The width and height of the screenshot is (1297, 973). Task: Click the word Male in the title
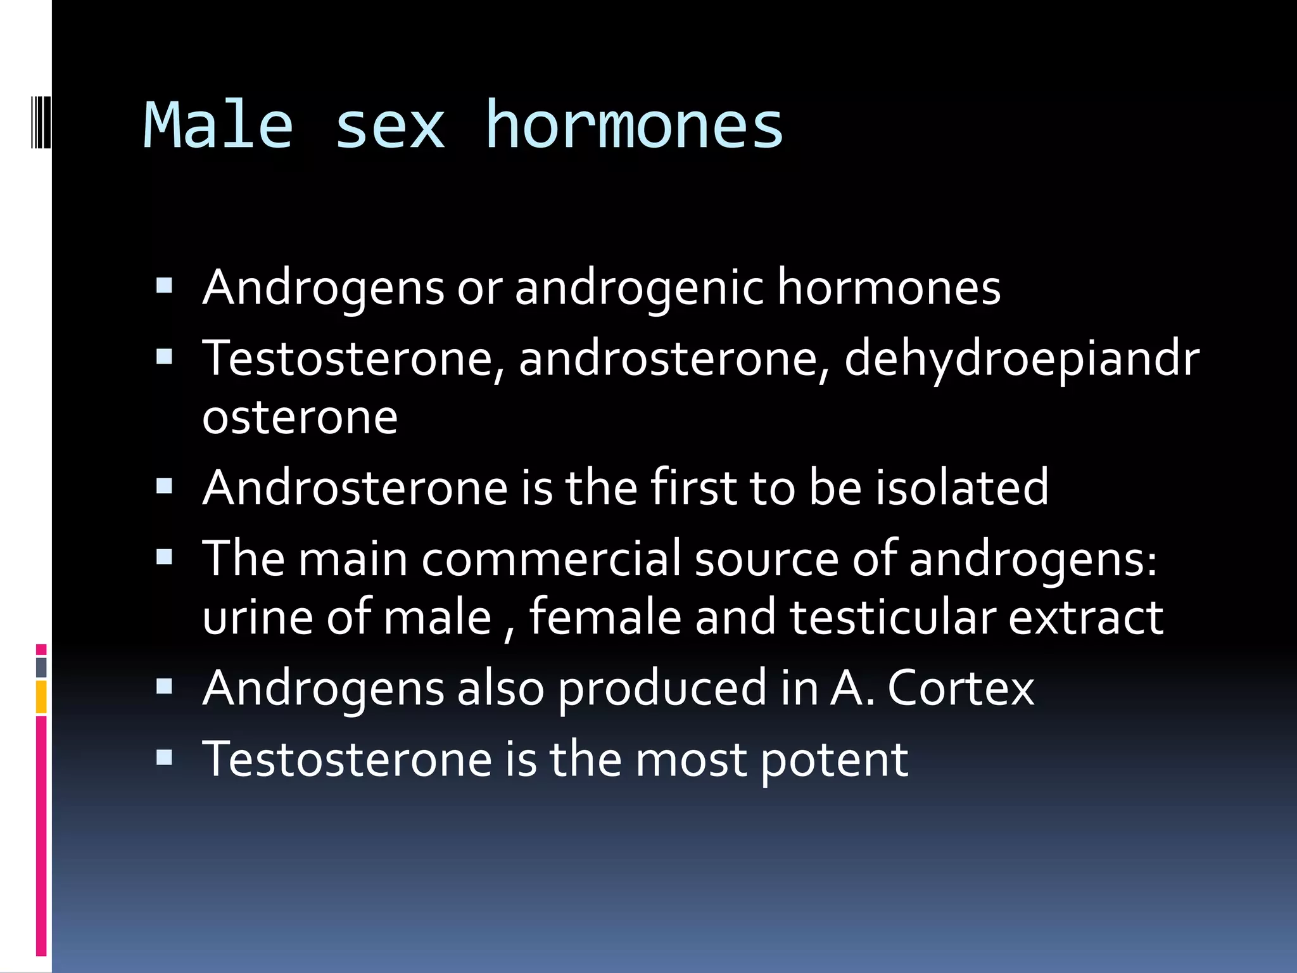218,125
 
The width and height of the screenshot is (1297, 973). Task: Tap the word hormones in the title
635,125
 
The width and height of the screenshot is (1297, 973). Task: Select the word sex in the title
389,127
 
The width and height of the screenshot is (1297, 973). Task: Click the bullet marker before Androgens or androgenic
164,287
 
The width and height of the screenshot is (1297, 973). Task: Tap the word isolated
962,488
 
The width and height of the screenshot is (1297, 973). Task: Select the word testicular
892,618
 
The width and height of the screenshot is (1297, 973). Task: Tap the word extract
1085,618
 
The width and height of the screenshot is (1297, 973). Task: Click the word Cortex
961,688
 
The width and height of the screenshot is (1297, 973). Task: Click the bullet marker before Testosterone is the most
164,758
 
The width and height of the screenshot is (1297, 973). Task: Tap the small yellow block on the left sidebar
41,697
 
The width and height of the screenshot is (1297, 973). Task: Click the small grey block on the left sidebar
41,667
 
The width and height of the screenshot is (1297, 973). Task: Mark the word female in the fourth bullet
605,616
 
